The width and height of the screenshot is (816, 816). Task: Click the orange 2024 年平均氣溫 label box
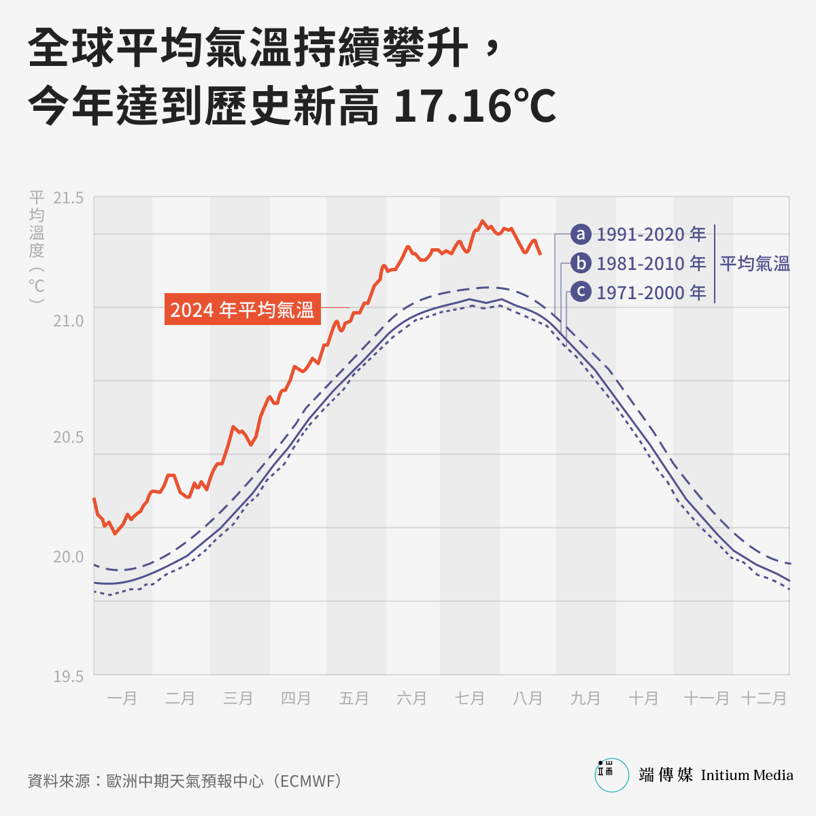click(242, 309)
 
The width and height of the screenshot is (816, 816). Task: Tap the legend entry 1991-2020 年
click(651, 235)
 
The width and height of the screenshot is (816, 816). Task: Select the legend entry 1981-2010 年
click(651, 263)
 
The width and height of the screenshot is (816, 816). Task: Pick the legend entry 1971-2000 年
click(651, 292)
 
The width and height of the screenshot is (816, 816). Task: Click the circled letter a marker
click(581, 235)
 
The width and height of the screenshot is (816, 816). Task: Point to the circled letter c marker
click(581, 292)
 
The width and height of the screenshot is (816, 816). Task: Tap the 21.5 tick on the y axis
click(68, 198)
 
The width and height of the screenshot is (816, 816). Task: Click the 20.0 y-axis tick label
click(68, 557)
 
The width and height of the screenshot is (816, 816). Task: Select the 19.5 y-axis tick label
click(68, 676)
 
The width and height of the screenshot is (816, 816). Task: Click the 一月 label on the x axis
click(122, 698)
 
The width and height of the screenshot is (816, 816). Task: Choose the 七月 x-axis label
click(470, 698)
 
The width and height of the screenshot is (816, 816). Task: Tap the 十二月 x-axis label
click(764, 698)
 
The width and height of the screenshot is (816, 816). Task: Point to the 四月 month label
click(296, 698)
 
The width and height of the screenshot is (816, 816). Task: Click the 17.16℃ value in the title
click(475, 106)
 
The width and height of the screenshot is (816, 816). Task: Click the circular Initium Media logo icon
click(612, 775)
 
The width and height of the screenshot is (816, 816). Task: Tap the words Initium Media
click(747, 775)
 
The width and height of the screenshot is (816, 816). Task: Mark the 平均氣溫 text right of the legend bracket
click(755, 263)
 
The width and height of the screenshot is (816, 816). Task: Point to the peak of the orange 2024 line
click(482, 221)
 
